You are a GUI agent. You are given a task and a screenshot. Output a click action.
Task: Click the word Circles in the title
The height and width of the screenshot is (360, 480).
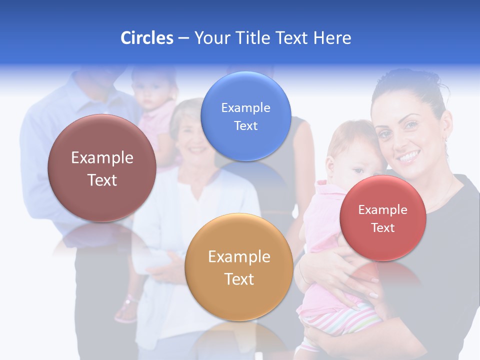[146, 38]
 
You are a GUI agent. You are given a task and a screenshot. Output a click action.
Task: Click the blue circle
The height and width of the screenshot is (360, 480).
[245, 116]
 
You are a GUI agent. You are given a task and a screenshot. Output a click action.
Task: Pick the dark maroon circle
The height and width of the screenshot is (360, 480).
[102, 168]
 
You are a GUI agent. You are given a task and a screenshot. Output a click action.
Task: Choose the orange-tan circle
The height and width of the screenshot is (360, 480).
[239, 266]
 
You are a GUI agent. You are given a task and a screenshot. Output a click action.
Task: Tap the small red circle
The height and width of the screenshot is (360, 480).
[382, 218]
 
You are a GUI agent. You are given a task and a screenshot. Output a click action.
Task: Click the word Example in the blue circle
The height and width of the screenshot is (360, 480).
[245, 107]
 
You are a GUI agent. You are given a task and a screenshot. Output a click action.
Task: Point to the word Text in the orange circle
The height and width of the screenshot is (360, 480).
[239, 279]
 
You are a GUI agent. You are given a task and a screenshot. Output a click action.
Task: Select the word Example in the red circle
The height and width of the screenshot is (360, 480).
[382, 209]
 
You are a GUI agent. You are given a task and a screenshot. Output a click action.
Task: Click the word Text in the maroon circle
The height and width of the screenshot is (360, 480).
[102, 180]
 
